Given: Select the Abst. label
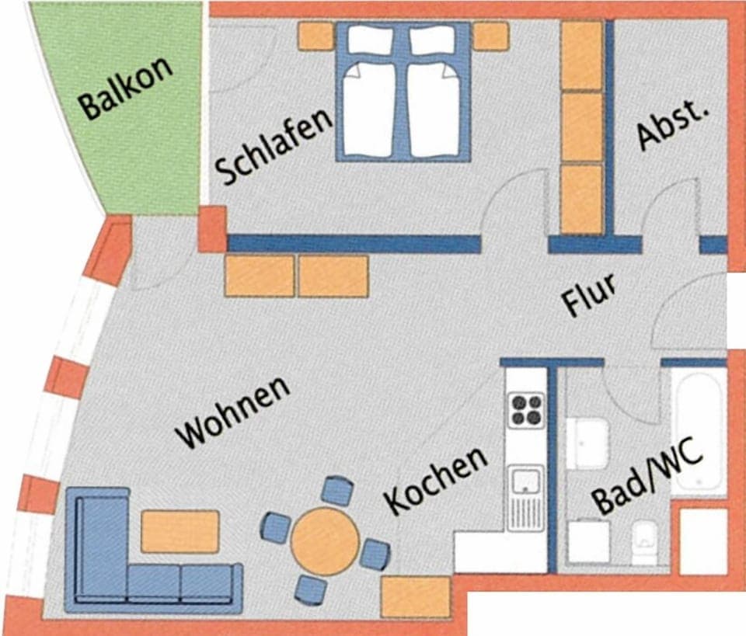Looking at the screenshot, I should click(673, 124).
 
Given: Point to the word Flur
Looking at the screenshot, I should click(590, 294).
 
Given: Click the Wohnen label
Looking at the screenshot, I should click(233, 412).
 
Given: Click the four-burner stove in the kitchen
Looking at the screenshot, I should click(526, 410).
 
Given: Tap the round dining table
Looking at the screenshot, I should click(325, 540).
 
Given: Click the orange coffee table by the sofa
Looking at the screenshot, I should click(180, 531).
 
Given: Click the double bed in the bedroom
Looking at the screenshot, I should click(403, 92).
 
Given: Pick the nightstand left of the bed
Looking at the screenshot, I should click(315, 36).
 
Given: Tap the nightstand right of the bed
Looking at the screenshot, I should click(490, 36).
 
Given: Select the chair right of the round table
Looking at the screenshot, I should click(375, 554).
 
